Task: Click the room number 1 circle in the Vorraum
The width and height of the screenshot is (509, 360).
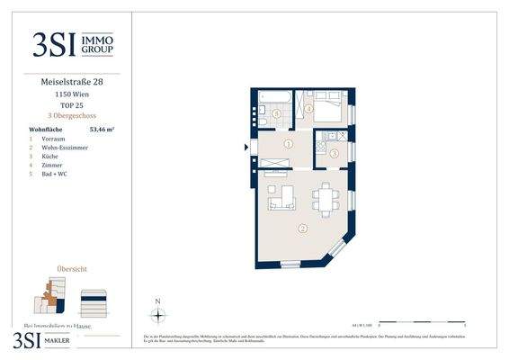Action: point(288,144)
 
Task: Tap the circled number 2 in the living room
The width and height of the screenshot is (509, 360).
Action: point(303,229)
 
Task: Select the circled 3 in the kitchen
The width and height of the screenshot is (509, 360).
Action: point(333,154)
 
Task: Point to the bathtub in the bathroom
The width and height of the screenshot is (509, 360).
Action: point(270,100)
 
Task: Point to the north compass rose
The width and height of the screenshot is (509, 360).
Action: point(157,314)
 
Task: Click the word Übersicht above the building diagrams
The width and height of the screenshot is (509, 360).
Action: point(72,268)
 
